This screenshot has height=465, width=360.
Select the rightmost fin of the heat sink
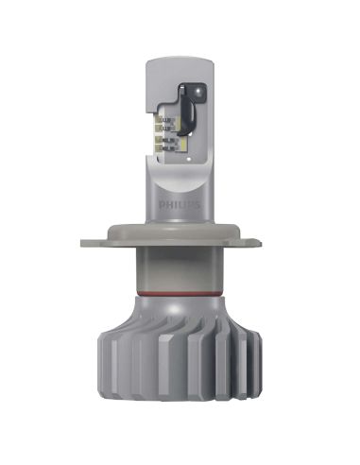click(256, 378)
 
